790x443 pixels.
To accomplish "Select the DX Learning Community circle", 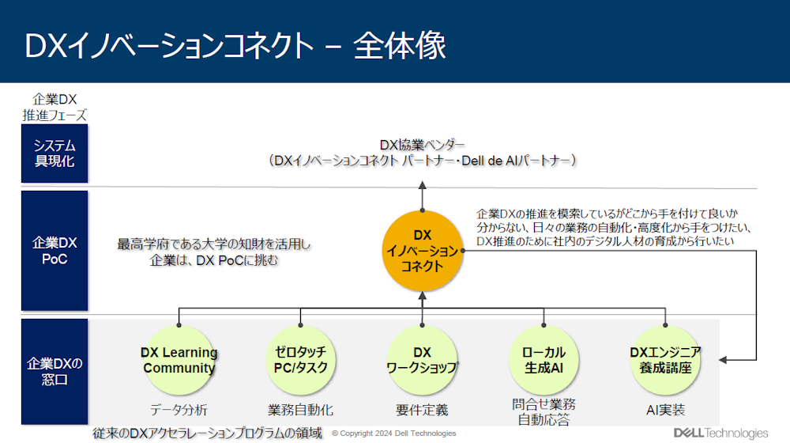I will (179, 361).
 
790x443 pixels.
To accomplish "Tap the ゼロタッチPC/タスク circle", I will (301, 361).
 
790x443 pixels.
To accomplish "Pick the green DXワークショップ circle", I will (423, 361).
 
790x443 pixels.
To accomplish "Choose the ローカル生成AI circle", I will (544, 361).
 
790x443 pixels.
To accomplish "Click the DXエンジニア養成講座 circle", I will (665, 361).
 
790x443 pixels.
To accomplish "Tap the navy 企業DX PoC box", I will (55, 250).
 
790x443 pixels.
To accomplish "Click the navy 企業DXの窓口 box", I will (55, 372).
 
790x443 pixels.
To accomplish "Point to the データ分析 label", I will (179, 410).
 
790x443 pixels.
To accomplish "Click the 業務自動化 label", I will (301, 410).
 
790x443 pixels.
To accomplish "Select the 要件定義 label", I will (423, 410).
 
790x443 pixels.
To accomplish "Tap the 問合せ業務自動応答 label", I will (544, 411).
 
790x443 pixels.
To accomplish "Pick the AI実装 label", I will (665, 410).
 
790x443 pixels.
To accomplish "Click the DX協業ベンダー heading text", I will (423, 145).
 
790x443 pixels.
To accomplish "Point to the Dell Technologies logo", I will (720, 433).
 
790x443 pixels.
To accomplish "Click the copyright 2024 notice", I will (393, 434).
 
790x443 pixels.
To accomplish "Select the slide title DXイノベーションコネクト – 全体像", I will (235, 46).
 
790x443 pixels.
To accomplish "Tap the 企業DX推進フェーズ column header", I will (55, 107).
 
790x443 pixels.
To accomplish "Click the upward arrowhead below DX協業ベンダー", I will (423, 184).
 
